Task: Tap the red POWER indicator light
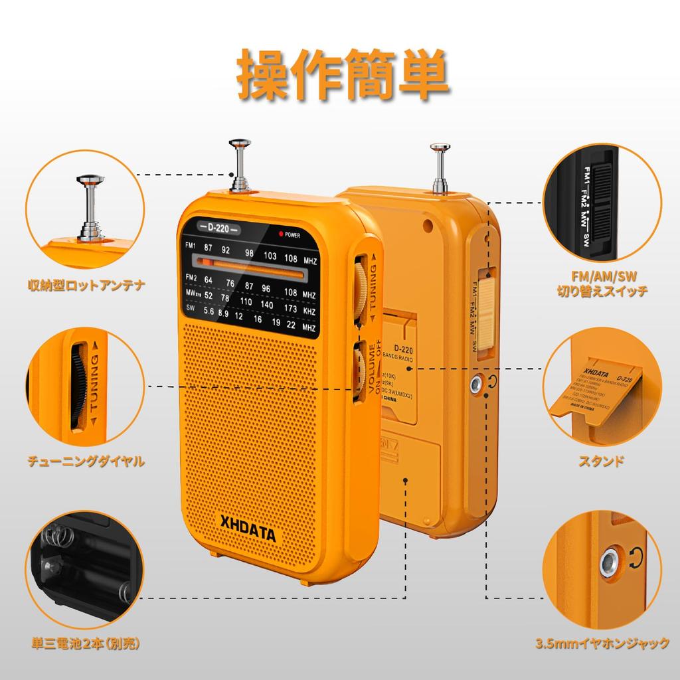point(282,234)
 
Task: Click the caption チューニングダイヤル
point(86,460)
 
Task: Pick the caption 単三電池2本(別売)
point(86,643)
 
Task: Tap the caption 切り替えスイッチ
point(602,290)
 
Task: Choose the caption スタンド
point(602,460)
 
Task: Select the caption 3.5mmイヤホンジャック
point(602,643)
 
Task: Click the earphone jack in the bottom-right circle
point(606,562)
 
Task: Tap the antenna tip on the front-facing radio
point(239,143)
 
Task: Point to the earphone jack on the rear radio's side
point(475,383)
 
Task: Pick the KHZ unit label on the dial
point(308,310)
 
